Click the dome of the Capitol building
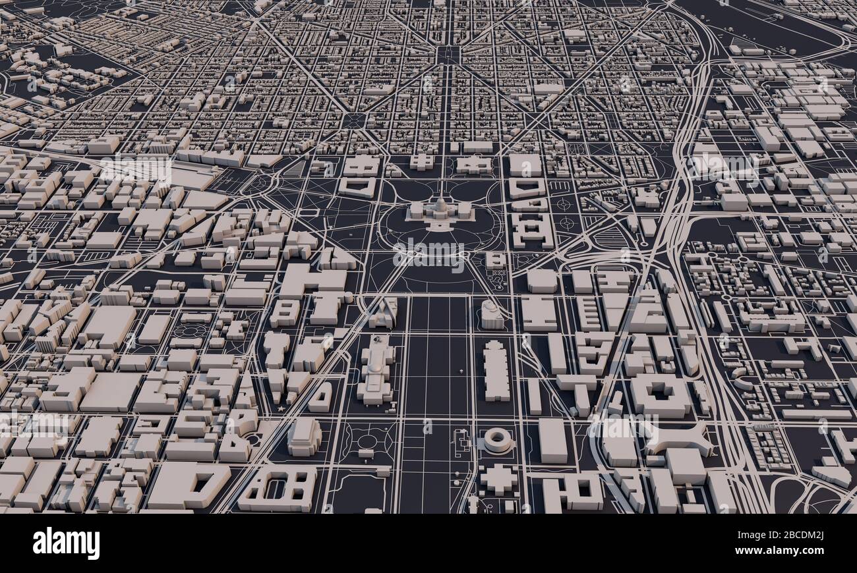pyautogui.click(x=440, y=204)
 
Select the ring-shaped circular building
pyautogui.click(x=498, y=439)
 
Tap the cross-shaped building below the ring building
pyautogui.click(x=498, y=479)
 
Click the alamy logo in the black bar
pyautogui.click(x=66, y=543)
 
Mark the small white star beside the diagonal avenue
pyautogui.click(x=282, y=409)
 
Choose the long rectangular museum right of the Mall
pyautogui.click(x=496, y=370)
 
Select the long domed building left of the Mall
pyautogui.click(x=376, y=369)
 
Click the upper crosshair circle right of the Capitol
pyautogui.click(x=563, y=204)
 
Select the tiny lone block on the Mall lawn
pyautogui.click(x=459, y=372)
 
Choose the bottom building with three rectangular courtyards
pyautogui.click(x=277, y=489)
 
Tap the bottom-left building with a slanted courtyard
pyautogui.click(x=189, y=484)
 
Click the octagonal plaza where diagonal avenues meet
pyautogui.click(x=354, y=121)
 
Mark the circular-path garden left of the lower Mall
pyautogui.click(x=367, y=441)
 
